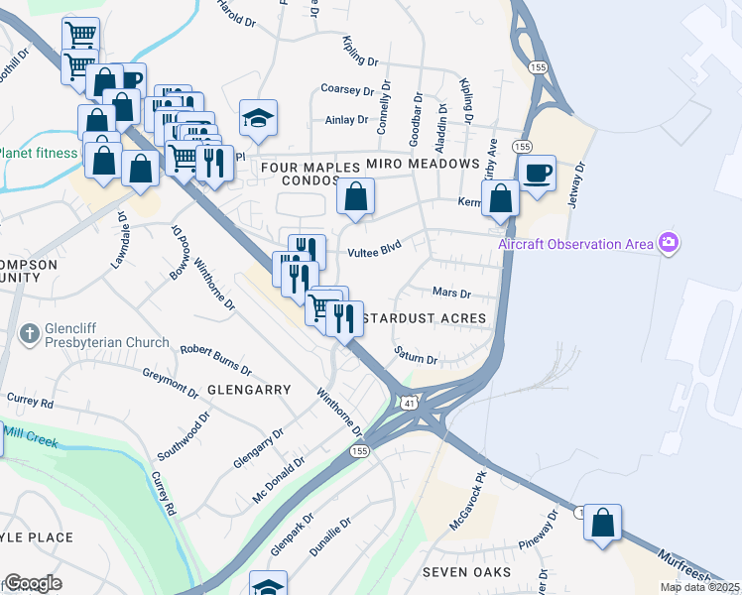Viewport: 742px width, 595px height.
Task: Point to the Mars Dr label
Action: coord(451,294)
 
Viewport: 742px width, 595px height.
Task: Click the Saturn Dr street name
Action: coord(415,356)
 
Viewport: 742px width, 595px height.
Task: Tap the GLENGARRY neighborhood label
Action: coord(249,390)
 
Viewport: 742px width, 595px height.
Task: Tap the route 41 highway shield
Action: coord(410,403)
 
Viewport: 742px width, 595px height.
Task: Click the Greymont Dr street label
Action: coord(171,377)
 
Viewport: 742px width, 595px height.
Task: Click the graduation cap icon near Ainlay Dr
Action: coord(258,118)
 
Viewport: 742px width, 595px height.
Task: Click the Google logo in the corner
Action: coord(33,583)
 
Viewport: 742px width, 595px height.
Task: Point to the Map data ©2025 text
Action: coord(700,587)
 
